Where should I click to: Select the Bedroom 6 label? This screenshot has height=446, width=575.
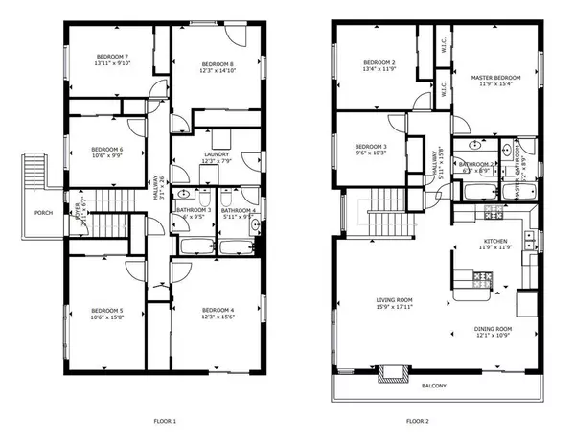107,149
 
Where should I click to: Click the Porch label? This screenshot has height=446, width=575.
43,213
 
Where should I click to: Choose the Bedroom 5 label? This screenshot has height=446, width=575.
107,311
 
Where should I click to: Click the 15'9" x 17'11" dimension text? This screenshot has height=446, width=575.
395,308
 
